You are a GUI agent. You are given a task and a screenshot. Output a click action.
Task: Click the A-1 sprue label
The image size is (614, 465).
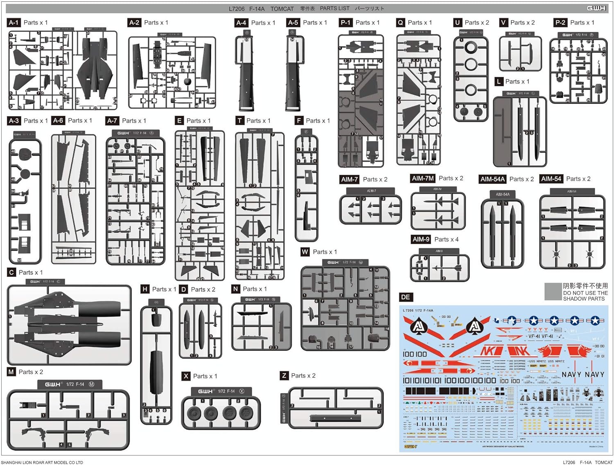click(x=14, y=22)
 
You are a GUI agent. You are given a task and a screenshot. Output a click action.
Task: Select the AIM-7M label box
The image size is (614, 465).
click(x=422, y=178)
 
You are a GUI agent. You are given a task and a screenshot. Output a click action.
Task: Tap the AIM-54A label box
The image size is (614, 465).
click(x=492, y=179)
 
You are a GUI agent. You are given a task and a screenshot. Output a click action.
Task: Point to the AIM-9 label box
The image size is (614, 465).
click(x=421, y=239)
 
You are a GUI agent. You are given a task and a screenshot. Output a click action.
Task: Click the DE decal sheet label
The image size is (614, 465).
click(x=405, y=297)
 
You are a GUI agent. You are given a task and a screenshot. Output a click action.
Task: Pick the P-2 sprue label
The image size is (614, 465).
click(x=560, y=22)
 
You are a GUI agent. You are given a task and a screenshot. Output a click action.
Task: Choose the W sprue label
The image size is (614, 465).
click(x=305, y=252)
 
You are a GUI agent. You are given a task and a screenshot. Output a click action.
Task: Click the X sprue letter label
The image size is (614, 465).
click(x=186, y=376)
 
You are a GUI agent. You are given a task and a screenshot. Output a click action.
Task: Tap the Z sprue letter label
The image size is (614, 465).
click(x=284, y=375)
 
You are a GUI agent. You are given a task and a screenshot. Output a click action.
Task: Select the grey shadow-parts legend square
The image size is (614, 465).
click(x=553, y=292)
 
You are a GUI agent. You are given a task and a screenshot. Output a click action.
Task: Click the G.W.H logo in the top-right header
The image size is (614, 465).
click(x=596, y=8)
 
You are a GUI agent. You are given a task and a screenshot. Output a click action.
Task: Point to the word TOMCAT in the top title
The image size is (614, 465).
click(x=282, y=9)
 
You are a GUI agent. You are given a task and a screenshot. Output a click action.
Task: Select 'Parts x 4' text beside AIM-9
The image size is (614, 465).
click(x=446, y=239)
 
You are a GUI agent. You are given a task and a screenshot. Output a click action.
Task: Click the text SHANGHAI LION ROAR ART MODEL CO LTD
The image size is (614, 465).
click(x=42, y=462)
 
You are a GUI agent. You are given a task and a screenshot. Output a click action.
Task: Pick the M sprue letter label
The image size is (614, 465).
click(x=11, y=372)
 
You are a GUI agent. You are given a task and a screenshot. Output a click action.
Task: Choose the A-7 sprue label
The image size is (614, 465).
click(x=112, y=121)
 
